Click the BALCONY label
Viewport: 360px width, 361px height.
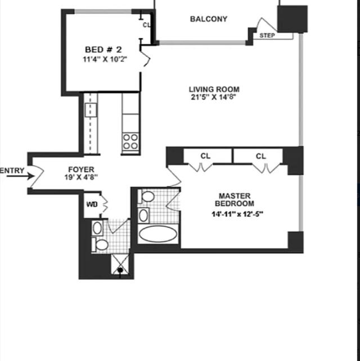[209, 19]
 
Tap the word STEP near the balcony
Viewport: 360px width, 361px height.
[267, 35]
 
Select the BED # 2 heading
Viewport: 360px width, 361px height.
[103, 50]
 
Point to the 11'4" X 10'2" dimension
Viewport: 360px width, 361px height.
[105, 59]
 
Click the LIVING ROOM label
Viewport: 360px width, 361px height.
[214, 89]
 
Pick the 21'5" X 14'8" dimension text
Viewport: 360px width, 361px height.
[214, 97]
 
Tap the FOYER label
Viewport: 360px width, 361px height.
[81, 170]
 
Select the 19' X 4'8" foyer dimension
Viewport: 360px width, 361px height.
[81, 177]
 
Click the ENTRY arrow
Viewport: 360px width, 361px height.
[20, 176]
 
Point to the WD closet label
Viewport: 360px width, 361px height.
[92, 204]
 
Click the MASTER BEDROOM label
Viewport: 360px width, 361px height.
[235, 199]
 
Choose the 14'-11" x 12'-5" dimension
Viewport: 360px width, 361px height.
[237, 214]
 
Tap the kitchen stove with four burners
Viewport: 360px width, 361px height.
[130, 141]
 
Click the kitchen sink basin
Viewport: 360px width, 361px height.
[91, 110]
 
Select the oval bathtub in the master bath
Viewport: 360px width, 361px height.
[158, 234]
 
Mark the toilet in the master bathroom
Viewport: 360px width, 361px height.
[146, 197]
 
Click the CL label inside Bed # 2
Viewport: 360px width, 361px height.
[146, 25]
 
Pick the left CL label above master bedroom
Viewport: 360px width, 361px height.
[205, 156]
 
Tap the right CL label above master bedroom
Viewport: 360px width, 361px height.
[261, 157]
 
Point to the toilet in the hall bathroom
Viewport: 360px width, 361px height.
[100, 245]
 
